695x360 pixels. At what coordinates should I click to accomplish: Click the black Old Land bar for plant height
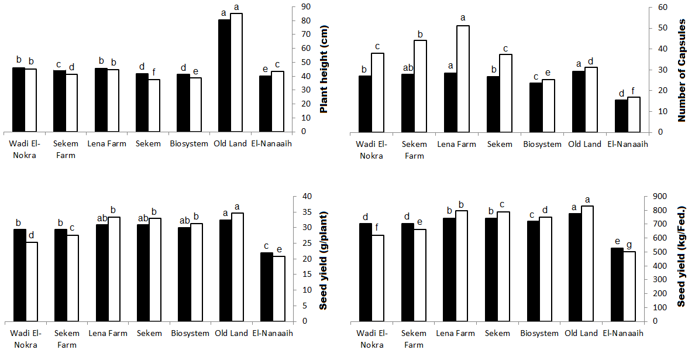click(x=224, y=76)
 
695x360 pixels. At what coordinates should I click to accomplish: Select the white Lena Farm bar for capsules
click(x=463, y=79)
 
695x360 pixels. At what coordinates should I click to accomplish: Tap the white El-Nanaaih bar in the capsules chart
click(x=634, y=115)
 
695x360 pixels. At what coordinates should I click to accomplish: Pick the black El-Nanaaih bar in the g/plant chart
click(x=267, y=287)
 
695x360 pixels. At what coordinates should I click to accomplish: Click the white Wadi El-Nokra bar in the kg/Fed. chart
click(x=377, y=278)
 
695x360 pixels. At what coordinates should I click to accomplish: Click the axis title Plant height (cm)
click(x=324, y=69)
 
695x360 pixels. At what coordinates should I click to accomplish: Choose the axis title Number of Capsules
click(x=681, y=69)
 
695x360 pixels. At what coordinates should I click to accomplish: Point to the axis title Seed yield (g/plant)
click(x=324, y=259)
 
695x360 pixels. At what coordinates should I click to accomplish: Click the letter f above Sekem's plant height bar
click(x=154, y=73)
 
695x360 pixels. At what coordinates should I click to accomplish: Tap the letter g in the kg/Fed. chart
click(x=629, y=245)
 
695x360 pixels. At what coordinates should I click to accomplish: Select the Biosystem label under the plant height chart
click(x=189, y=143)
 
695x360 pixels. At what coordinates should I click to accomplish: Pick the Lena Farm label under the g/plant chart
click(x=107, y=333)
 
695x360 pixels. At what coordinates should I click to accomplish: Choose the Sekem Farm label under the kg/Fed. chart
click(x=414, y=339)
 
